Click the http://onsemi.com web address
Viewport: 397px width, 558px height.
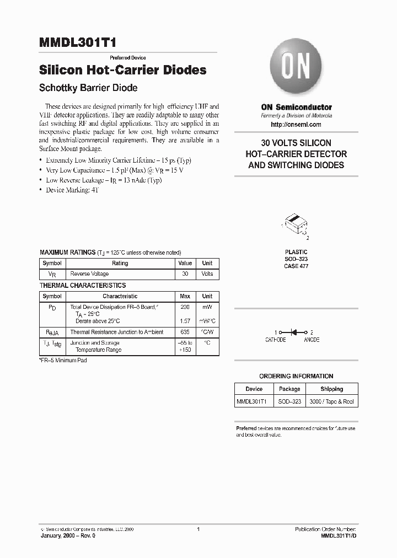(x=296, y=125)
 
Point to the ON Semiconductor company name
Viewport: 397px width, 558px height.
(x=296, y=107)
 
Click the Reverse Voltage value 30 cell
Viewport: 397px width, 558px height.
(x=185, y=274)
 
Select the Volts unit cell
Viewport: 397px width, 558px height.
(x=207, y=274)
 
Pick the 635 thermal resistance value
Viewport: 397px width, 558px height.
(x=185, y=332)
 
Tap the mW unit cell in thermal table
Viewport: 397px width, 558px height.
(x=207, y=306)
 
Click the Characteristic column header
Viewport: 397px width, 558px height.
(x=120, y=297)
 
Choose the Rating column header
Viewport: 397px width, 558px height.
(x=120, y=264)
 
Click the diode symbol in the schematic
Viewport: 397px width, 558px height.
(x=294, y=332)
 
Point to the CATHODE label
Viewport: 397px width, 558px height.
(x=276, y=340)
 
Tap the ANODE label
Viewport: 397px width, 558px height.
(x=312, y=340)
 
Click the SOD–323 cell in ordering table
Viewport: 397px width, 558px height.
(x=289, y=402)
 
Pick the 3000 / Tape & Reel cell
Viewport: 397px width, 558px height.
(x=331, y=402)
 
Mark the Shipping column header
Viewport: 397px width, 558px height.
(x=331, y=389)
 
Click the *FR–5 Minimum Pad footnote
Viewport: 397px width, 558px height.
(x=63, y=360)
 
